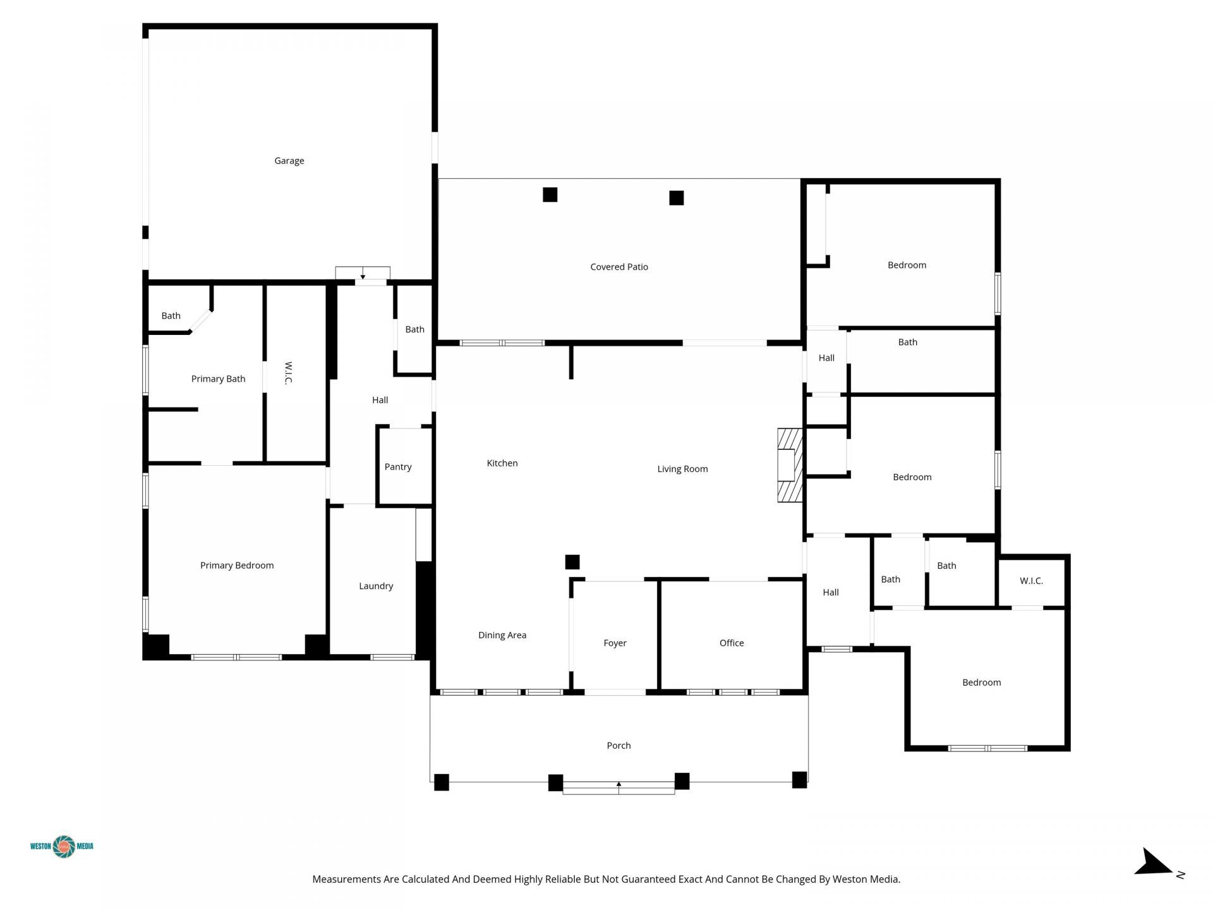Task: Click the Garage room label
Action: point(289,161)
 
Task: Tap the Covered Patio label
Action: point(619,267)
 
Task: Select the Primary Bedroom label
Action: point(237,566)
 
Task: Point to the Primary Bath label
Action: point(218,379)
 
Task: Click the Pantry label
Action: point(398,467)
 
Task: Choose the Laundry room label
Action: point(376,586)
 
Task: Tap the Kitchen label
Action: point(502,463)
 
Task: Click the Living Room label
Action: point(682,469)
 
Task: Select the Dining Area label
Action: point(502,635)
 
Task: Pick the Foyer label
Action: point(615,643)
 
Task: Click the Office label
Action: point(732,643)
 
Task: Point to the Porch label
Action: point(619,746)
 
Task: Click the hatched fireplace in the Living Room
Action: point(790,466)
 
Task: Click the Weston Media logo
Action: point(62,846)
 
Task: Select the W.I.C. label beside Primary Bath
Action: point(288,373)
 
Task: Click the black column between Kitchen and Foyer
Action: point(572,562)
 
